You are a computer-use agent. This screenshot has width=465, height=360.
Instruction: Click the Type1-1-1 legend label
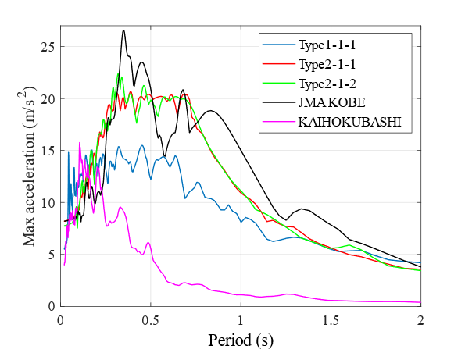[327, 45]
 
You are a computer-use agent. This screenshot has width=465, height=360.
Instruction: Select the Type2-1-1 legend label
[327, 64]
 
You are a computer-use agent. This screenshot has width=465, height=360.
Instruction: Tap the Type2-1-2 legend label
[327, 84]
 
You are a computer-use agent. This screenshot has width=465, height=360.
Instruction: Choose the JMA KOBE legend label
[331, 102]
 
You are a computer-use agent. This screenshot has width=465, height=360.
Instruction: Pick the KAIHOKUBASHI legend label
[349, 122]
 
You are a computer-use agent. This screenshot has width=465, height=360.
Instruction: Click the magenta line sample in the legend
[279, 122]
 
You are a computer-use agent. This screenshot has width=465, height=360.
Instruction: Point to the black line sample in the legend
[279, 102]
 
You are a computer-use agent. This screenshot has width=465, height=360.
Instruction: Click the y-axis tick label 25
[48, 47]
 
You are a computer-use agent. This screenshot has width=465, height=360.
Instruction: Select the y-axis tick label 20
[48, 98]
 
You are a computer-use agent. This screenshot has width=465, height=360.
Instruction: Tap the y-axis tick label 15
[48, 151]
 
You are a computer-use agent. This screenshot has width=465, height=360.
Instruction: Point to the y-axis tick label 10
[48, 203]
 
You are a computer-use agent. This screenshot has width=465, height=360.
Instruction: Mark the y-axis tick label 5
[52, 255]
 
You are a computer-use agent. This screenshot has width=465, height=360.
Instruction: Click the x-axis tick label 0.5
[151, 320]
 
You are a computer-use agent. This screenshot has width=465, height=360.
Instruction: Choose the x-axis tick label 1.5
[331, 320]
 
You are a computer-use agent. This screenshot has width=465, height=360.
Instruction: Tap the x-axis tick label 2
[420, 320]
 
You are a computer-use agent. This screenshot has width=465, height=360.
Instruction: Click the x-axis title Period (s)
[241, 340]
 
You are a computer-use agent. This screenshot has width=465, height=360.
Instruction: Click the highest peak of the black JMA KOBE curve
[123, 30]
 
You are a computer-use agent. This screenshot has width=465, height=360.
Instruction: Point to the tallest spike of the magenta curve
[80, 143]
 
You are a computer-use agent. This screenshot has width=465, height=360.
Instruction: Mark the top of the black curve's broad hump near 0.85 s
[210, 111]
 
